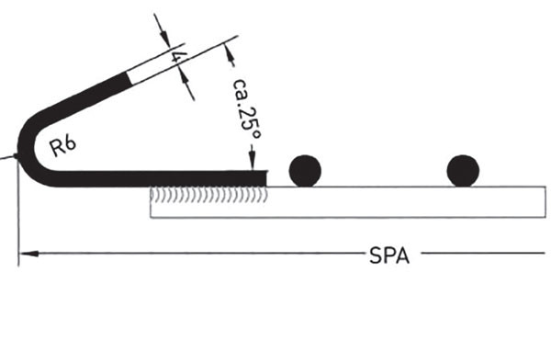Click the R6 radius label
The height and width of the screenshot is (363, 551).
pyautogui.click(x=62, y=146)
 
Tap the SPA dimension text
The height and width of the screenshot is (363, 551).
pyautogui.click(x=389, y=255)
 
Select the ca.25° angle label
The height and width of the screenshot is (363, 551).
pyautogui.click(x=247, y=109)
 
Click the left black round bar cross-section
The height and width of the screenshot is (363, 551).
pyautogui.click(x=305, y=171)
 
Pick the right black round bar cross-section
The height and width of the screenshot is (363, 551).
pyautogui.click(x=463, y=171)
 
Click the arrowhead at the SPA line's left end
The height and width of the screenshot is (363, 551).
pyautogui.click(x=28, y=254)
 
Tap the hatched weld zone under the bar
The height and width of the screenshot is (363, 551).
pyautogui.click(x=208, y=196)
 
